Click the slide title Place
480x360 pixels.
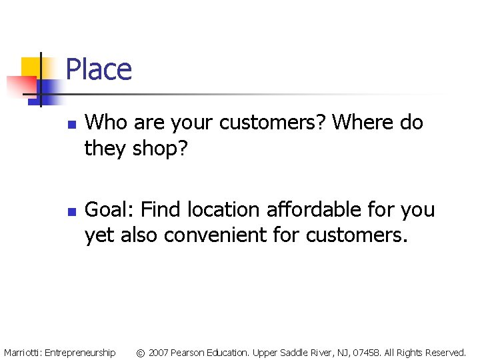click(x=99, y=69)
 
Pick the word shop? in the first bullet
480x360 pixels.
click(x=161, y=149)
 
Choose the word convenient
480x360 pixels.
click(x=249, y=235)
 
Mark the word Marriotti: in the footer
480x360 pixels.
click(x=23, y=352)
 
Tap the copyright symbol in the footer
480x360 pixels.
click(x=140, y=352)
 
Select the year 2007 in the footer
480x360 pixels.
click(x=159, y=352)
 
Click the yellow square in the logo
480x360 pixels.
click(x=32, y=67)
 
